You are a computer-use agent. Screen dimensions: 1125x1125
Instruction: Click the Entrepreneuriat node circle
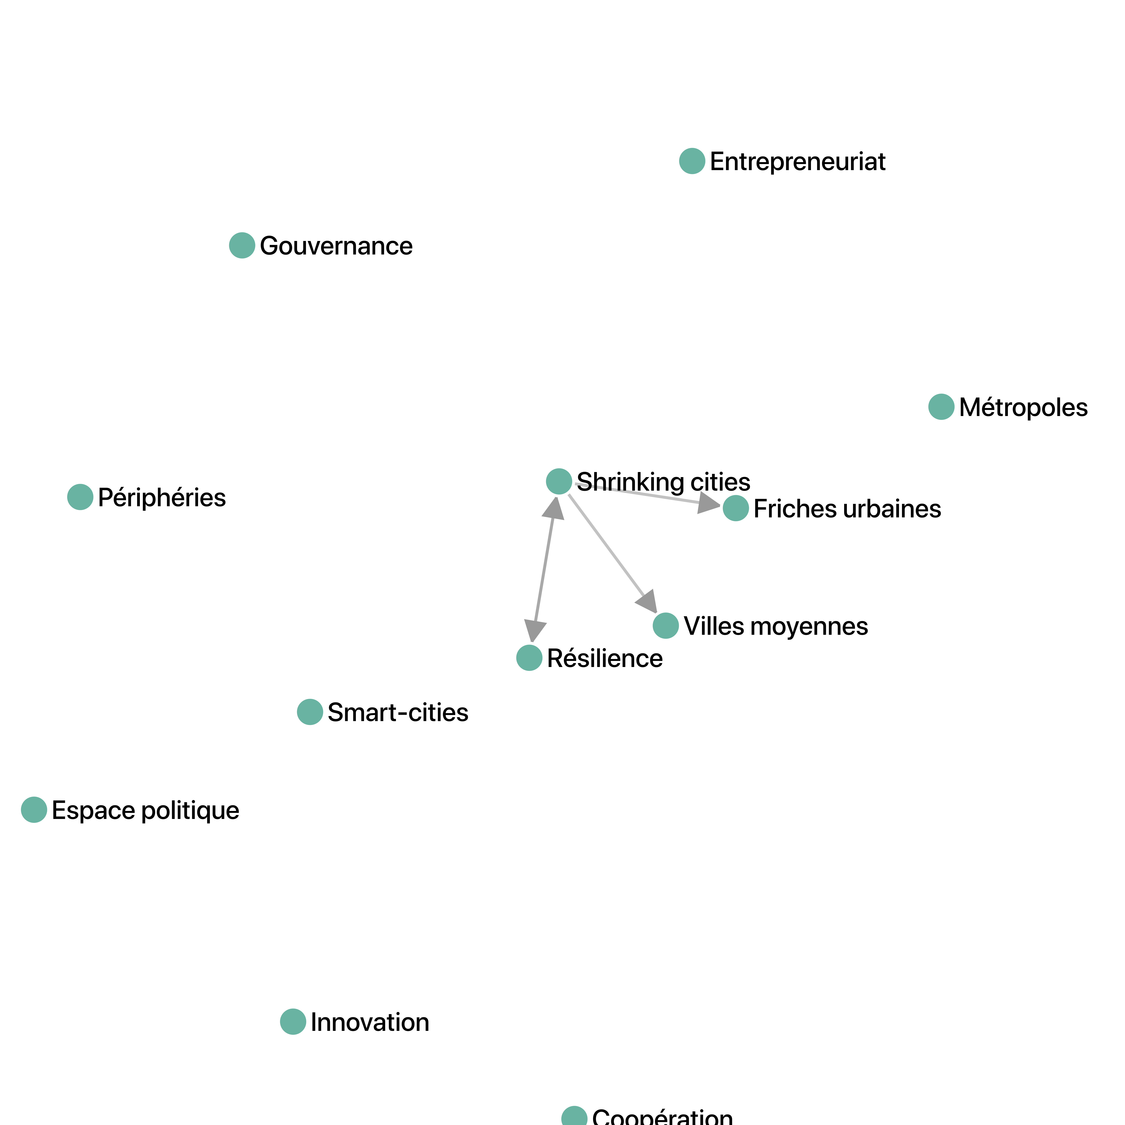tap(692, 161)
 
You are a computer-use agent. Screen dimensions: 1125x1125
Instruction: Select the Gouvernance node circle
tap(242, 245)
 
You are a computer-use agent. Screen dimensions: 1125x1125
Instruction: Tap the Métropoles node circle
tap(941, 406)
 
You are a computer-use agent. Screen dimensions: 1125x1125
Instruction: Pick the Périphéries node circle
tap(80, 497)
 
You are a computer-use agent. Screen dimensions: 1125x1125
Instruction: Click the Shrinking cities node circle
tap(558, 481)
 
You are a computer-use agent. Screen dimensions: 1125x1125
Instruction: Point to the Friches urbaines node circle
tap(735, 508)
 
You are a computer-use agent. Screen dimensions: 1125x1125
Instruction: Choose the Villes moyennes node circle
tap(666, 625)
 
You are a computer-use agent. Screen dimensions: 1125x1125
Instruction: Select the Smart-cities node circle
tap(310, 712)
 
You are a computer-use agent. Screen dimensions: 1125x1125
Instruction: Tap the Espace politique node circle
tap(34, 809)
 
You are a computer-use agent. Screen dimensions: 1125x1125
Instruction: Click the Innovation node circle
tap(293, 1021)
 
